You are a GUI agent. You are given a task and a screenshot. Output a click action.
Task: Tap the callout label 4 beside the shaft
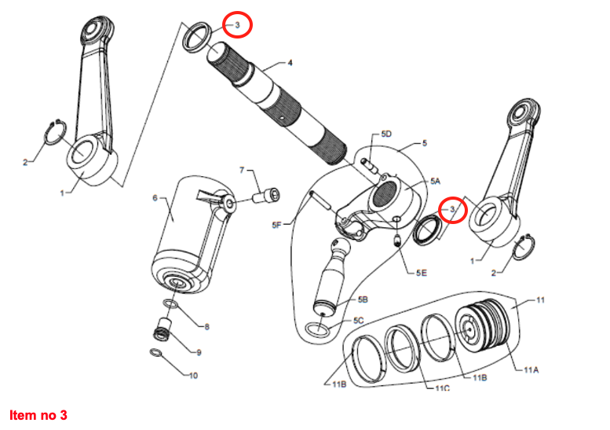point(289,62)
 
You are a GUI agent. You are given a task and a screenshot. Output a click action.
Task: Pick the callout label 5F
point(276,226)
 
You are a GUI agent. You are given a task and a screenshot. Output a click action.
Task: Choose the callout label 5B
point(363,300)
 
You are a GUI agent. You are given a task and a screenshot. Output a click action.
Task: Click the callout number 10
point(193,375)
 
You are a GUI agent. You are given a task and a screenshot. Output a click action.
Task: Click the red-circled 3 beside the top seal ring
point(237,24)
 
